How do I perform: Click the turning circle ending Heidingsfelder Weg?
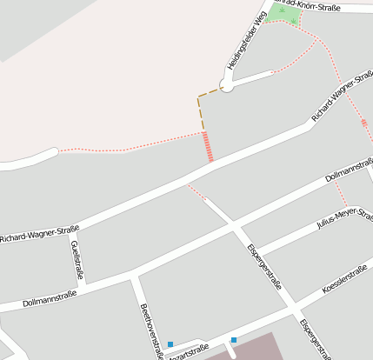227,85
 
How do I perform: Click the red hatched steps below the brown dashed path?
208,146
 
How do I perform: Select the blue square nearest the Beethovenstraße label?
170,344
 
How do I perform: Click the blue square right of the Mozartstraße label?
234,339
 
